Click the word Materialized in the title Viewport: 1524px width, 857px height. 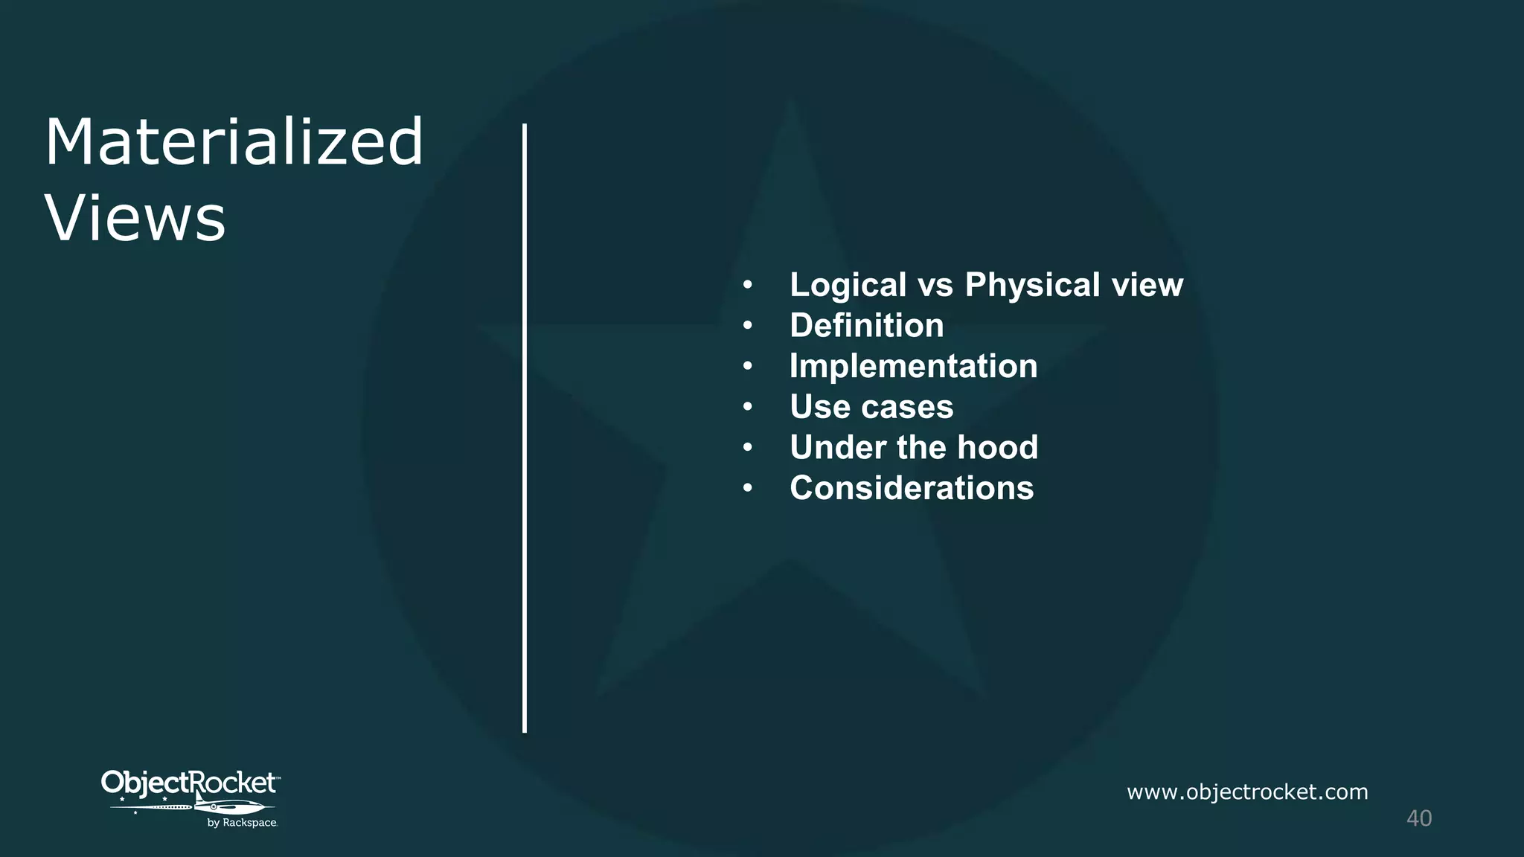(234, 142)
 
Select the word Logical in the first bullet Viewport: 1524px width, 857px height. (848, 285)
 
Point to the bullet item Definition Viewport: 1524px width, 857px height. (866, 326)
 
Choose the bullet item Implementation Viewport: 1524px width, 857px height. (913, 366)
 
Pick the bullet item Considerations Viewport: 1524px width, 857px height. (912, 489)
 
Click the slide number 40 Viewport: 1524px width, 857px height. (1418, 818)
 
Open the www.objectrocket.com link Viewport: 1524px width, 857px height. (1247, 792)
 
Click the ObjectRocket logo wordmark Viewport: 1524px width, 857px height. (189, 783)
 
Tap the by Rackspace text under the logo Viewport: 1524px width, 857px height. (242, 823)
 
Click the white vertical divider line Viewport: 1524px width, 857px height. (525, 428)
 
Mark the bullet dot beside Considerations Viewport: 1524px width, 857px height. (748, 489)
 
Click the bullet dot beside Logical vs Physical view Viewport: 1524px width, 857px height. (748, 285)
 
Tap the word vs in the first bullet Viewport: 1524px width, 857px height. (935, 286)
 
